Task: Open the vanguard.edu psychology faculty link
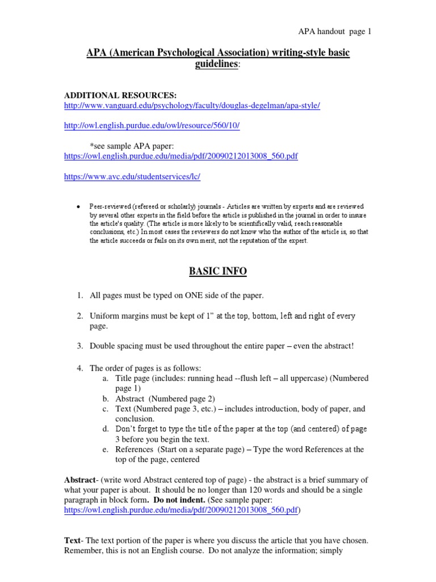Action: [x=192, y=106]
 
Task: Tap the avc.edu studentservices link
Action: [x=132, y=177]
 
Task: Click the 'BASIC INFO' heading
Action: [x=217, y=272]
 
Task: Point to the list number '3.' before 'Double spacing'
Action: [x=80, y=346]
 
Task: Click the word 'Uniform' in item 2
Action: [x=104, y=316]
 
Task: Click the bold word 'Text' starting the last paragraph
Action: [x=72, y=540]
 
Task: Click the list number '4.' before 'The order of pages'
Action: [x=80, y=368]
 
